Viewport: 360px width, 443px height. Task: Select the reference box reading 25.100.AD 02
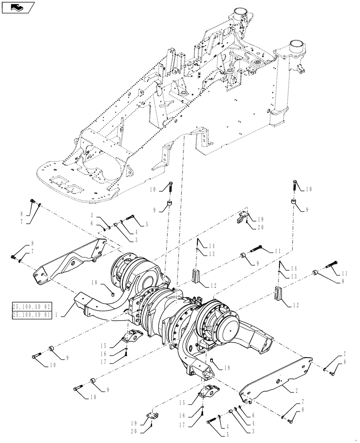pos(39,306)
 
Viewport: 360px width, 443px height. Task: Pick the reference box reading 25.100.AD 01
pos(39,314)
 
